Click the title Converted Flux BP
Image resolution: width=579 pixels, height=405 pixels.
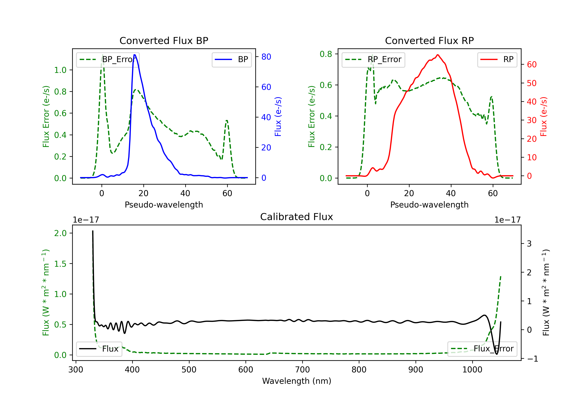164,40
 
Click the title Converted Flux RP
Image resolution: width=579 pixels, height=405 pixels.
429,40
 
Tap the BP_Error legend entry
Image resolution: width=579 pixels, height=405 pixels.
108,59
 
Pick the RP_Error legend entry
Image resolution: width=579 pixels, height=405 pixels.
373,59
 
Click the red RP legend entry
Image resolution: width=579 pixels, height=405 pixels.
497,59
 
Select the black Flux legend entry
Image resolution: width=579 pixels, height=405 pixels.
99,349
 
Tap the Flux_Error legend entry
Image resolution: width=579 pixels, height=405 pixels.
482,349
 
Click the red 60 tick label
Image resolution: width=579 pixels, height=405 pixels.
532,65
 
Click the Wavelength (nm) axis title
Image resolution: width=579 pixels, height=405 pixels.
297,381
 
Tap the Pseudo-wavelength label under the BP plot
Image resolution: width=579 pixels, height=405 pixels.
164,205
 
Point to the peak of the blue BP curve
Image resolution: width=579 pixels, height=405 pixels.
134,55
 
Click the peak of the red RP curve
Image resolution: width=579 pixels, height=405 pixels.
438,55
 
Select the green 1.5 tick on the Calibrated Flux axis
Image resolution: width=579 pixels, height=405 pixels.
60,264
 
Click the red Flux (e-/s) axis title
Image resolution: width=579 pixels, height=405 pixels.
543,116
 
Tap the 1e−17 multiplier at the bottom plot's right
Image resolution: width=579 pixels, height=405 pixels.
507,220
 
